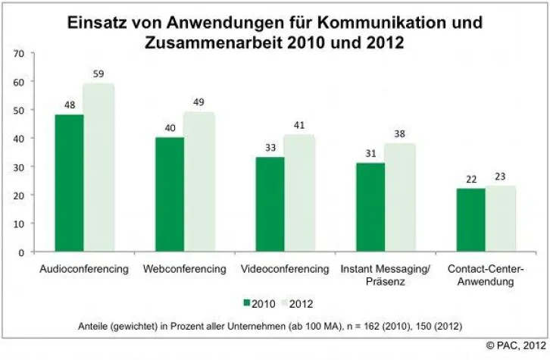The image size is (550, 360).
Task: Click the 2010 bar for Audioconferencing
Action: pyautogui.click(x=70, y=183)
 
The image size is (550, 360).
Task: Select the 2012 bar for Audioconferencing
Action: pyautogui.click(x=98, y=167)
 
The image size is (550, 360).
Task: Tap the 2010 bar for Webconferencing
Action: pyautogui.click(x=170, y=195)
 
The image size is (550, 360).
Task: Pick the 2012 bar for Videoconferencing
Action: pyautogui.click(x=299, y=193)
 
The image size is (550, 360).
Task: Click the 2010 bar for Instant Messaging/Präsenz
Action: pyautogui.click(x=370, y=207)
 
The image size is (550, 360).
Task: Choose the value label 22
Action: pyautogui.click(x=471, y=180)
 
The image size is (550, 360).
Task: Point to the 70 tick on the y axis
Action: pyautogui.click(x=18, y=54)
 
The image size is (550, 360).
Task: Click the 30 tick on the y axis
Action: pyautogui.click(x=18, y=167)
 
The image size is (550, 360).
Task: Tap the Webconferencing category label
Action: pyautogui.click(x=184, y=269)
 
